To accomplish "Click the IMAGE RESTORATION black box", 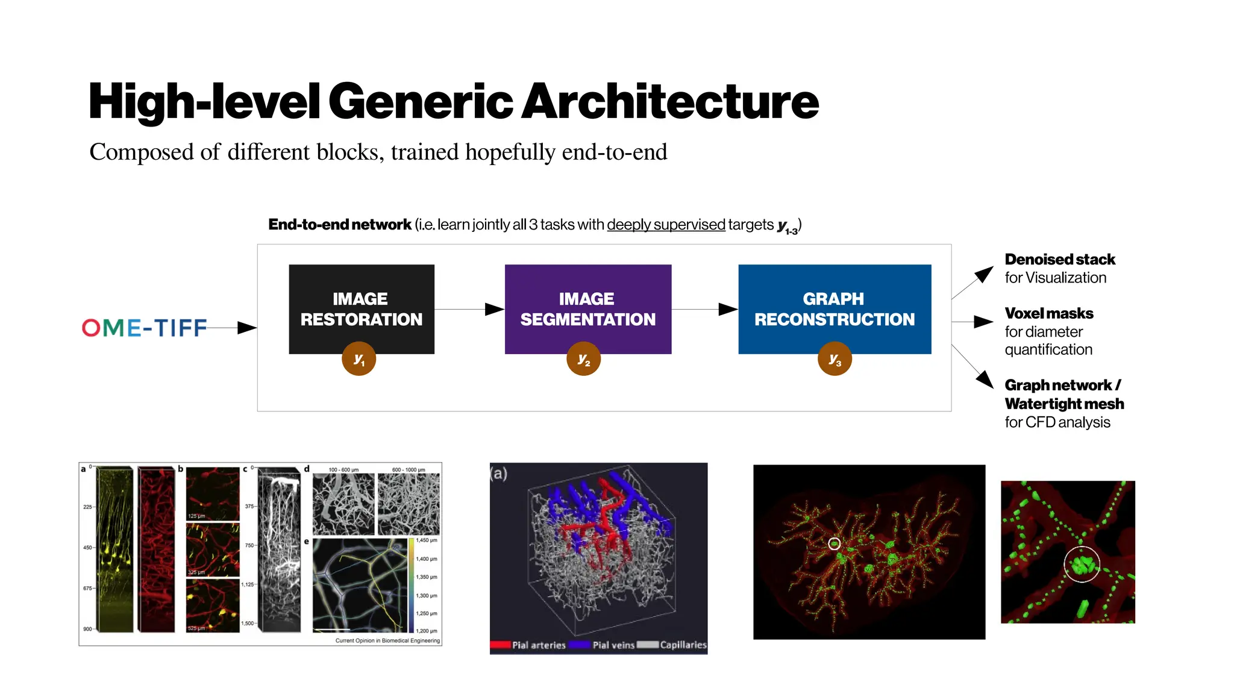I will pyautogui.click(x=362, y=301).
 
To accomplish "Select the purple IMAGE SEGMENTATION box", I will pyautogui.click(x=587, y=301).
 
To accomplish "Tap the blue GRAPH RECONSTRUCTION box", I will pyautogui.click(x=835, y=301).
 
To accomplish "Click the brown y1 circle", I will pyautogui.click(x=359, y=359).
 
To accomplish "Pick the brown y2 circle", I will pyautogui.click(x=583, y=359).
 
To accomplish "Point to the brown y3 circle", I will pyautogui.click(x=835, y=359).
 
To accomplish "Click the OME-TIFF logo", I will pyautogui.click(x=145, y=328).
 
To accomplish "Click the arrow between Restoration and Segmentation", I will pyautogui.click(x=470, y=309).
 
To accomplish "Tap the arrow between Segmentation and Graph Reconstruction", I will pyautogui.click(x=705, y=309).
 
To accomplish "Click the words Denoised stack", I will pyautogui.click(x=1059, y=260).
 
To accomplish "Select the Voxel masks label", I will pyautogui.click(x=1048, y=313).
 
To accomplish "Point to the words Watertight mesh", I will pyautogui.click(x=1064, y=404).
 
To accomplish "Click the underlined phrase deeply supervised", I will pyautogui.click(x=666, y=225).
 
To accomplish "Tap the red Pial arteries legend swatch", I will pyautogui.click(x=500, y=645).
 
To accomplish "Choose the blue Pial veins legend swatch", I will pyautogui.click(x=579, y=645).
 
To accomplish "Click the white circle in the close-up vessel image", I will pyautogui.click(x=1082, y=564).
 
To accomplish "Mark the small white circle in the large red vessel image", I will pyautogui.click(x=834, y=544).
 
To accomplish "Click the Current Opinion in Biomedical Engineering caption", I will pyautogui.click(x=387, y=640).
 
